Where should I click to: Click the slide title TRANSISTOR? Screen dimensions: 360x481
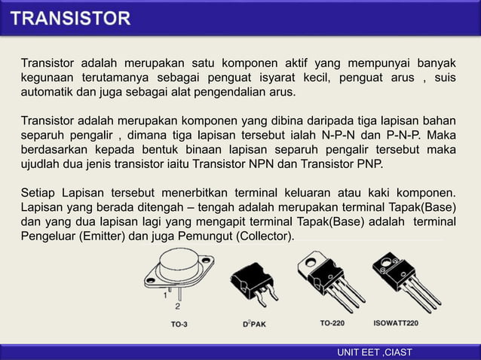[x=72, y=17]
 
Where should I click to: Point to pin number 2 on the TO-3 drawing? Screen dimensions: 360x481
[x=178, y=307]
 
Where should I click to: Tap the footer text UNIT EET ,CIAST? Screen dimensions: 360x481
[x=375, y=352]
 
